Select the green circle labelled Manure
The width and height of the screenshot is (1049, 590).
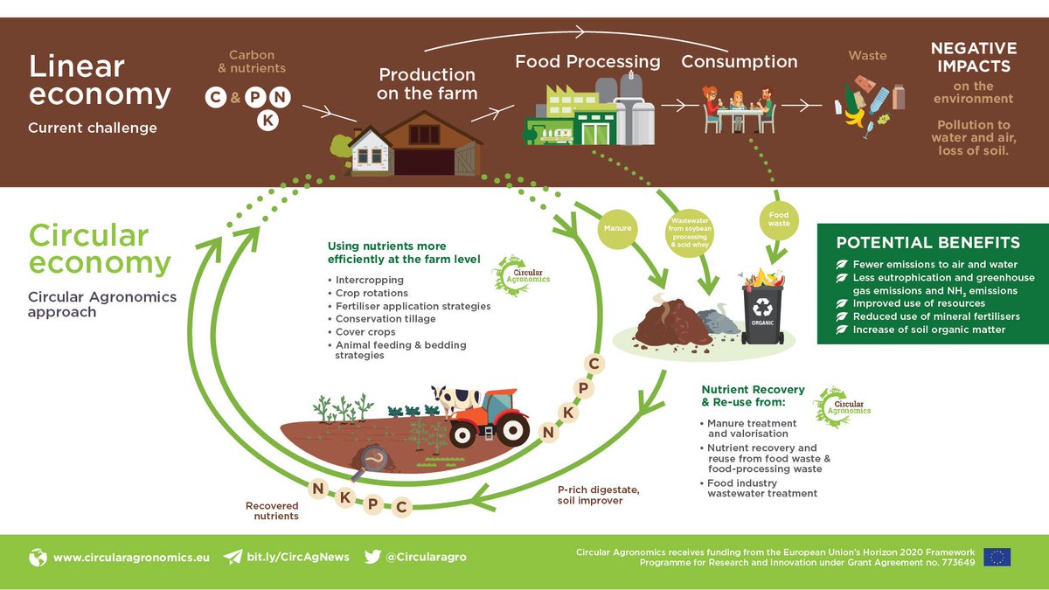tap(615, 230)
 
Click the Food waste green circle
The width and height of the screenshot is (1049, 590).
tap(778, 219)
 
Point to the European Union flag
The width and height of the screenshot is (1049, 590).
tap(997, 557)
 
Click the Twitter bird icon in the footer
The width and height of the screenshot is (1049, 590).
tap(372, 557)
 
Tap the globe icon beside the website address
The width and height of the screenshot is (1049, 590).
tap(38, 557)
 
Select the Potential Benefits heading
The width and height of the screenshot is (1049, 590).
tap(927, 243)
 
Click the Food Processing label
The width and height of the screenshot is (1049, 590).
tap(587, 62)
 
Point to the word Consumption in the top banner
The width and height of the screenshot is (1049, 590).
tap(739, 62)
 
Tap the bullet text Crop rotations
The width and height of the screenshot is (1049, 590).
tap(372, 293)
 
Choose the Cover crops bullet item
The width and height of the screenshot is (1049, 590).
tap(365, 332)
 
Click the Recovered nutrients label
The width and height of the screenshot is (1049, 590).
tap(272, 510)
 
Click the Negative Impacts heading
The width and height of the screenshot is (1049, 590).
tap(973, 57)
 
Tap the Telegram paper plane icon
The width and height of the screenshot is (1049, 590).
tap(233, 557)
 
